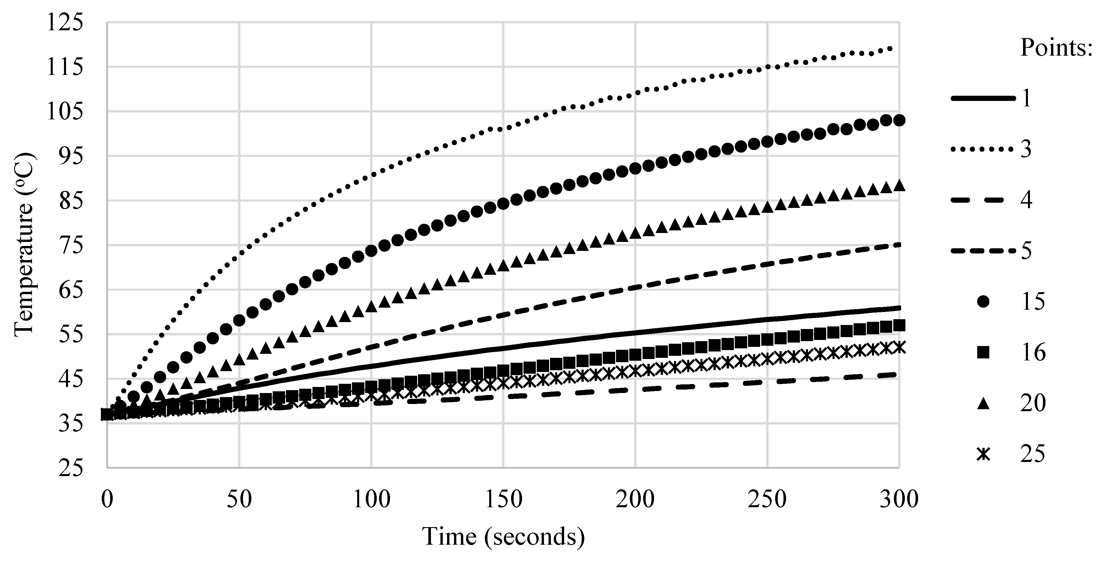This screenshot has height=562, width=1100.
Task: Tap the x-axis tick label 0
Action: [107, 499]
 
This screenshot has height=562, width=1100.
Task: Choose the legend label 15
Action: [1033, 302]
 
